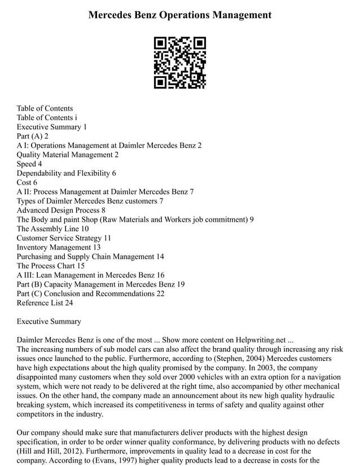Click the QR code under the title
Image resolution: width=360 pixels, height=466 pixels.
(x=180, y=63)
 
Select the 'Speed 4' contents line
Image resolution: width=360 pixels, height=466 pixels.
(x=29, y=164)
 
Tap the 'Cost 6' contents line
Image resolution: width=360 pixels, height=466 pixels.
(x=27, y=183)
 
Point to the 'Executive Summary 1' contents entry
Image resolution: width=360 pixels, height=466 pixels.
(x=51, y=127)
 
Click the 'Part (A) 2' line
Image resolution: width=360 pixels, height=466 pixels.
(x=33, y=136)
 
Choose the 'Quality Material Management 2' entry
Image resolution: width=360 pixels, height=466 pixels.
(x=68, y=155)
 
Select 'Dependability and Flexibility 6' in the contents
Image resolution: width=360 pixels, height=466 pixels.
(x=66, y=173)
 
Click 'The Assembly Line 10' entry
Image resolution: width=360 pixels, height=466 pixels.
(x=52, y=229)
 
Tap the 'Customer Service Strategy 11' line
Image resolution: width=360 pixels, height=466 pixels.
(x=64, y=238)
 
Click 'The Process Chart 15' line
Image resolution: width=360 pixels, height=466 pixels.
(x=51, y=266)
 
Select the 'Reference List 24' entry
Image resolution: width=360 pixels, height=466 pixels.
(x=45, y=303)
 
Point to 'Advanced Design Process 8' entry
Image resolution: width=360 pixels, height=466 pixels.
(x=61, y=210)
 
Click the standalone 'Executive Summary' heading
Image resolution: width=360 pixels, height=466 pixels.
(x=49, y=322)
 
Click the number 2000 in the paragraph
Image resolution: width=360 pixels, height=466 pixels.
(x=230, y=377)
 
